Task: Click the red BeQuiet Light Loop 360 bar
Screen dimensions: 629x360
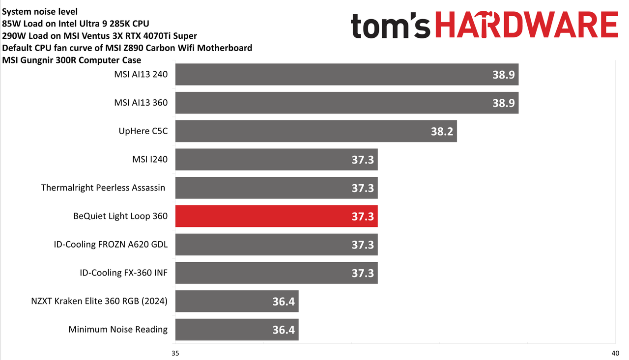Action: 276,216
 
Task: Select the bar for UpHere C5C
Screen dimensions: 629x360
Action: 316,131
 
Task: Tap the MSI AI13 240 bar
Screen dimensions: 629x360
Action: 347,74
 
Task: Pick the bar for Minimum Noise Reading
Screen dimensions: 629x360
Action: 237,330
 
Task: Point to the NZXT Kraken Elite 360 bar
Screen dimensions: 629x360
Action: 237,301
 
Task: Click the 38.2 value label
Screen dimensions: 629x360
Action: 442,131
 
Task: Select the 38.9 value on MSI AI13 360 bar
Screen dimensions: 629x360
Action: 504,103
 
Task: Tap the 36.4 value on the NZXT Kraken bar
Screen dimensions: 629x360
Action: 284,302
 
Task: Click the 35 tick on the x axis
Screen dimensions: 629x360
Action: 175,353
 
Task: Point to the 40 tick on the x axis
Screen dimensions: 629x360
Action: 615,353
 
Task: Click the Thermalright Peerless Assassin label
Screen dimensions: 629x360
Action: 103,188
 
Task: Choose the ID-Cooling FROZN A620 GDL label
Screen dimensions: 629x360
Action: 111,244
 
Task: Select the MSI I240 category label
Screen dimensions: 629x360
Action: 150,159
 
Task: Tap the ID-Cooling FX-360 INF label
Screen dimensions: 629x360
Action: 123,273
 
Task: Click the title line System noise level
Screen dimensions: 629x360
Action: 40,11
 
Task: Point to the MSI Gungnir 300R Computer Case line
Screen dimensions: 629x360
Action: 72,60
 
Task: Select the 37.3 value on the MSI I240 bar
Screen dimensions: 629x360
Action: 363,160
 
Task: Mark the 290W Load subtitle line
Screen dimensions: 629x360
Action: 99,36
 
